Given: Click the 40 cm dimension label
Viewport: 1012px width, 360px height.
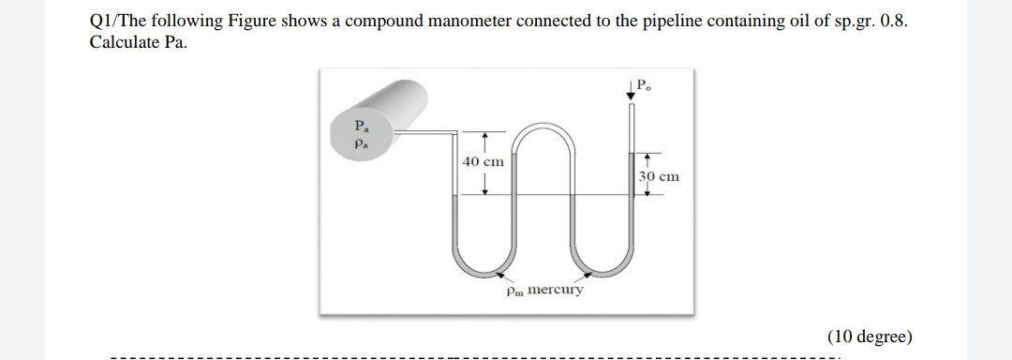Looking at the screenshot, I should [x=484, y=162].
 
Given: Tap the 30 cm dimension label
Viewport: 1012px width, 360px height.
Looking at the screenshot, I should [x=659, y=176].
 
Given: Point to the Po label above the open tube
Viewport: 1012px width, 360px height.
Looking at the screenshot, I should [x=644, y=86].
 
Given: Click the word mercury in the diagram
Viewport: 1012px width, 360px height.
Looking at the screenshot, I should [x=556, y=289].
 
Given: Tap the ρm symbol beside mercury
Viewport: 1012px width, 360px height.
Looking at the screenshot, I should [x=514, y=291].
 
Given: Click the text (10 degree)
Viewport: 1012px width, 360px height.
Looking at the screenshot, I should [x=869, y=337].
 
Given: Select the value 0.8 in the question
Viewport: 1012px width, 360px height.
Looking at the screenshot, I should [x=895, y=22].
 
